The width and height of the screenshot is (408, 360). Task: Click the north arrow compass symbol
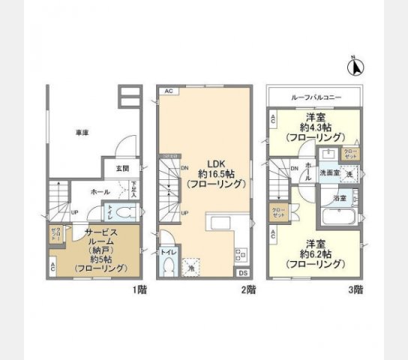click(x=355, y=67)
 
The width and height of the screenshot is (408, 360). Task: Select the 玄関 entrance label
click(x=122, y=169)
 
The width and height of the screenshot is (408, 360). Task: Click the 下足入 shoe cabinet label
click(x=133, y=190)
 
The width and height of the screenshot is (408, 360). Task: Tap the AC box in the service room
click(x=52, y=266)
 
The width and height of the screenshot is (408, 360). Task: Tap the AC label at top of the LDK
click(x=168, y=91)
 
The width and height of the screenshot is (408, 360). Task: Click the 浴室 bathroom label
click(x=338, y=199)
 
